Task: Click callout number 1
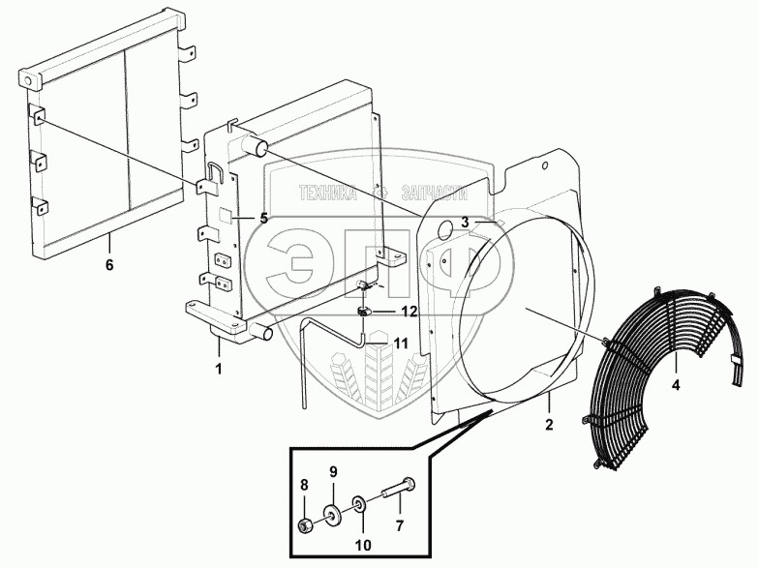(x=219, y=369)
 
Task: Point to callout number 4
(x=677, y=384)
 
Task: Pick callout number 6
(x=109, y=263)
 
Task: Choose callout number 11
(x=401, y=342)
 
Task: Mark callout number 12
(x=409, y=311)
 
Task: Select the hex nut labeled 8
(x=304, y=525)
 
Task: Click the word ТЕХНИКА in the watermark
(x=328, y=193)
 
